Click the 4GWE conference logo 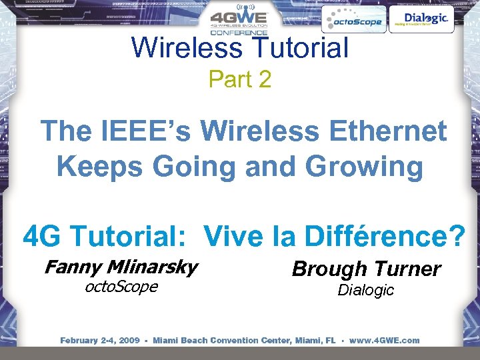[x=239, y=22]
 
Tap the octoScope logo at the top [x=353, y=21]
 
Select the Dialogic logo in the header [x=420, y=19]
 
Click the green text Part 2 [x=240, y=79]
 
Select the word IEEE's [x=141, y=131]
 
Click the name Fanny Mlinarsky [x=121, y=267]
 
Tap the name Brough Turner [x=366, y=269]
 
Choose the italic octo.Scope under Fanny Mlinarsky [x=121, y=287]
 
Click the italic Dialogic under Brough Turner [x=365, y=290]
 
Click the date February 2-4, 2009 [x=100, y=340]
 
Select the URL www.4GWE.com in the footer [x=385, y=340]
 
